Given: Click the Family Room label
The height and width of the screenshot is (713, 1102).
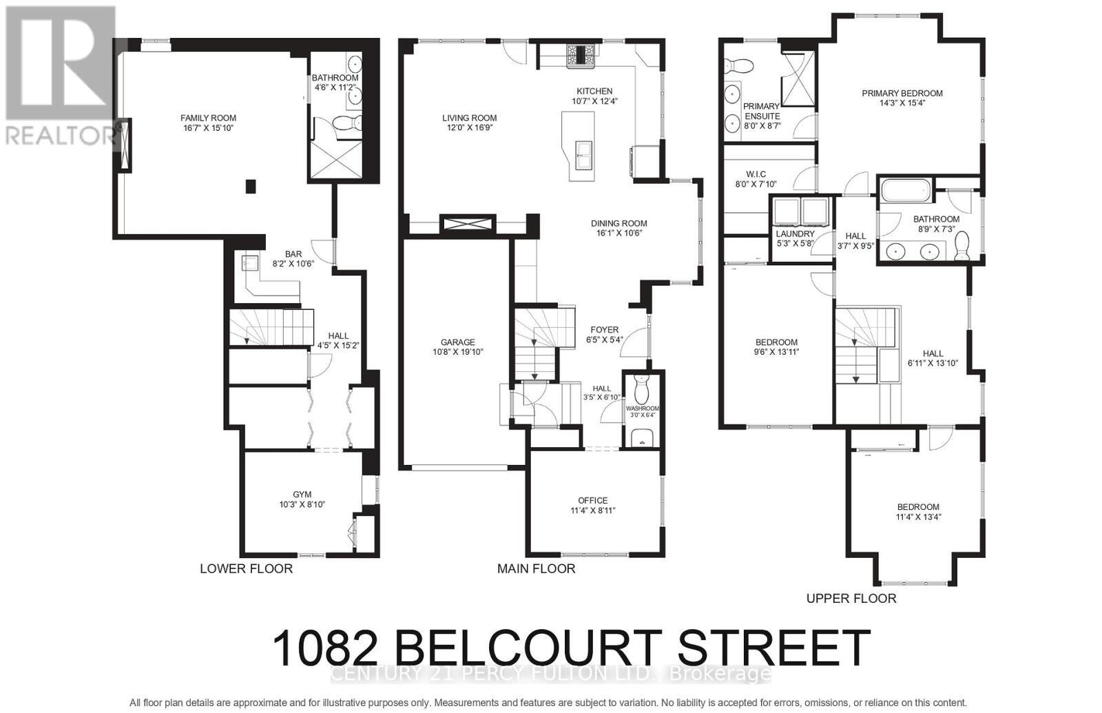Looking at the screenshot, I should (208, 118).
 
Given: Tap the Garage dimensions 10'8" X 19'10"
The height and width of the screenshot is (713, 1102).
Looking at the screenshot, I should (457, 352).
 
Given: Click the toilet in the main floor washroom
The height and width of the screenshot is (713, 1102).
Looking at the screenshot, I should (641, 389).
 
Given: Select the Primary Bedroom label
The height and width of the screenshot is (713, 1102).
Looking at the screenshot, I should (902, 94).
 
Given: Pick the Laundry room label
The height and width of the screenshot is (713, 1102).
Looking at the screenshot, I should (795, 234).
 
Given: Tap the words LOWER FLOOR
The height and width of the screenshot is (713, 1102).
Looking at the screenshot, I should (246, 569).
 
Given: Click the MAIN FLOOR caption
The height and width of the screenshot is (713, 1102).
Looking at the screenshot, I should (536, 569).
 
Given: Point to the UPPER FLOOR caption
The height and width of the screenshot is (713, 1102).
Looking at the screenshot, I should (851, 599).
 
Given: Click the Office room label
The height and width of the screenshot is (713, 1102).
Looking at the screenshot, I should (592, 501).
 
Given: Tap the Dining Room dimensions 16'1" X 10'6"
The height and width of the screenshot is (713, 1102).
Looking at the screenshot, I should (618, 233).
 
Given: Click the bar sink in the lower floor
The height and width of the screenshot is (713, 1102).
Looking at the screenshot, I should (250, 262).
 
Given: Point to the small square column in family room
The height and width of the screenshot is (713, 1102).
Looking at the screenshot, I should (251, 186).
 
